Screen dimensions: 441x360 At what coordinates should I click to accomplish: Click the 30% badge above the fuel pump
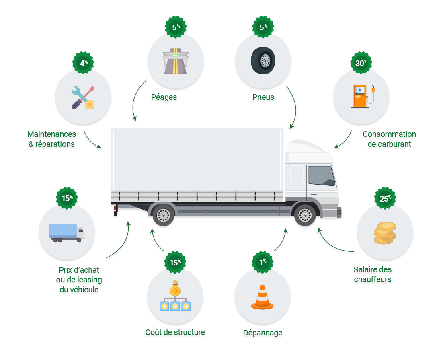[361, 63]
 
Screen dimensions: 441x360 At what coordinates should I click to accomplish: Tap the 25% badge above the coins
[385, 198]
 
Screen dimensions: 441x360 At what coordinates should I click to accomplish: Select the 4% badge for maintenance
[83, 63]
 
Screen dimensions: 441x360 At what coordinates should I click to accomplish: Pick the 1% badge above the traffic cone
[263, 262]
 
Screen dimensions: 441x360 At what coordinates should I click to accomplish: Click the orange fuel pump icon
[363, 96]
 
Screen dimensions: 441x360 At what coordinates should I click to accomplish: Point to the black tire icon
[263, 60]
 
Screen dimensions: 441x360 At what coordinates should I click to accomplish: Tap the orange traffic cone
[263, 297]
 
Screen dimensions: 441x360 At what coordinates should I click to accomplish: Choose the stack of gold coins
[385, 233]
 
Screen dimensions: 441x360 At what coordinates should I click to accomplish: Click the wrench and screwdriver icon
[83, 98]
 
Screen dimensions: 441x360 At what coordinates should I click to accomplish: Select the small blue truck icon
[67, 233]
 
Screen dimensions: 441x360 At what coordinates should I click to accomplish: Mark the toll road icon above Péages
[176, 62]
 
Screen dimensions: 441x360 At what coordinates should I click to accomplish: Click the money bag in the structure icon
[175, 288]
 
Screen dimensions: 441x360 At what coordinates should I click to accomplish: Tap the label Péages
[164, 97]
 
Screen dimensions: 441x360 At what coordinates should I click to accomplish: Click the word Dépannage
[263, 333]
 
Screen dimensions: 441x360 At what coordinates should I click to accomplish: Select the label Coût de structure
[175, 332]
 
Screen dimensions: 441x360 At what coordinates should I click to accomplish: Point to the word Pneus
[263, 97]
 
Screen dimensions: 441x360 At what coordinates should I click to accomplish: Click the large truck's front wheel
[305, 216]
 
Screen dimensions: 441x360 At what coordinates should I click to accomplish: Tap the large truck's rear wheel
[163, 216]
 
